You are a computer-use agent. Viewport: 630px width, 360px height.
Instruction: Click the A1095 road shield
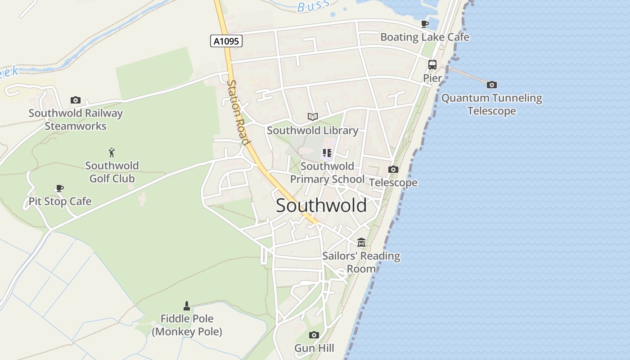click(x=226, y=41)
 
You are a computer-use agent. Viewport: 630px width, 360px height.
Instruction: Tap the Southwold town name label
click(x=321, y=206)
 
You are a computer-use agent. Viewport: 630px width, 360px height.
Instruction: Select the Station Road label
click(x=238, y=112)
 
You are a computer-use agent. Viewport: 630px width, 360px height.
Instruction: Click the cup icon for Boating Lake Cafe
click(x=425, y=24)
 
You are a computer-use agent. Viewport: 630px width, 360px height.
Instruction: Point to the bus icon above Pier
click(x=432, y=65)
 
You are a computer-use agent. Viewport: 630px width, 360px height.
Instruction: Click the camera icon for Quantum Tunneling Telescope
click(x=492, y=85)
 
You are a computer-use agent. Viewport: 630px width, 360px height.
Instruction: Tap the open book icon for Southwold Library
click(x=313, y=117)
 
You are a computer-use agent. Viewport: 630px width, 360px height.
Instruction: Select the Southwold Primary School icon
click(x=327, y=153)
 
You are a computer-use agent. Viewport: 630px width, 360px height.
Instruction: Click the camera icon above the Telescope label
click(x=393, y=170)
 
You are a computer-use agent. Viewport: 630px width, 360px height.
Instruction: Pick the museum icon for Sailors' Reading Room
click(x=361, y=243)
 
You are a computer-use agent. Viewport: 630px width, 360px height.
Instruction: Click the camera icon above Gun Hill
click(x=314, y=335)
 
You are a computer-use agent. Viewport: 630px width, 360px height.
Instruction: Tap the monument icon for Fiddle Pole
click(x=187, y=306)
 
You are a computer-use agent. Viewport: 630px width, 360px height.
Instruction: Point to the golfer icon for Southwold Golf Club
click(x=112, y=153)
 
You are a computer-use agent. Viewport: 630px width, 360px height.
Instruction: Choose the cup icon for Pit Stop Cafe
click(x=60, y=188)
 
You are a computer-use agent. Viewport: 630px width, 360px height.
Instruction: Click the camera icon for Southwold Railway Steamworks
click(x=76, y=100)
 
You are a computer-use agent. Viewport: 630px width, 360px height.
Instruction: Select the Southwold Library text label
click(x=313, y=130)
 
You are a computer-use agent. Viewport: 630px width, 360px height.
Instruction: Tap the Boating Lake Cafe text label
click(x=425, y=37)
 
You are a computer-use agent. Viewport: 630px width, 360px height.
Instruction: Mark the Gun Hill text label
click(x=314, y=348)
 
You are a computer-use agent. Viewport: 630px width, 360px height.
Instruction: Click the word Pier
click(x=432, y=78)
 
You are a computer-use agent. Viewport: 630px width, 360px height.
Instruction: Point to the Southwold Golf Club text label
click(x=112, y=172)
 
